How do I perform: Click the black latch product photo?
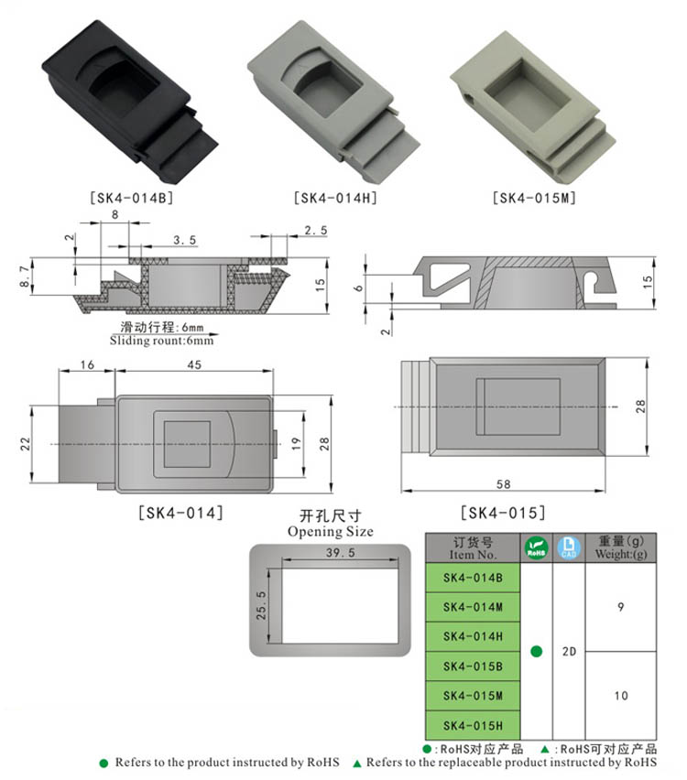tap(130, 102)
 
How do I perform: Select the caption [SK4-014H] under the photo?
tap(335, 199)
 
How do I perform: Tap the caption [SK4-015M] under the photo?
tap(534, 199)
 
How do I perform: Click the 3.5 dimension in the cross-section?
tap(185, 240)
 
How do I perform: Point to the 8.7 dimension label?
tap(24, 276)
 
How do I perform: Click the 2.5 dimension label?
tap(316, 231)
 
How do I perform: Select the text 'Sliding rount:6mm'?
tap(161, 341)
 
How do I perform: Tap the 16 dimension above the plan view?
tap(87, 364)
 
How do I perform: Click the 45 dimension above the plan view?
tap(194, 364)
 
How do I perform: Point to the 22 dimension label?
tap(25, 444)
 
